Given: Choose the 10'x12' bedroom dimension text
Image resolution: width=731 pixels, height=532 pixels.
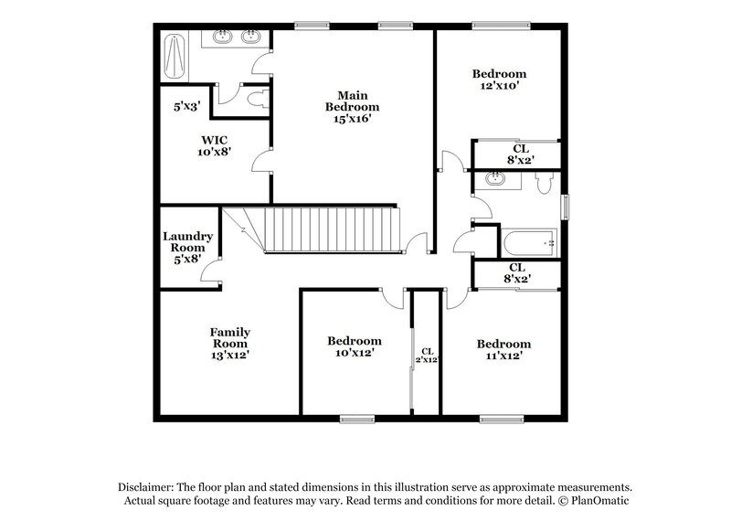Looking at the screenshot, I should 352,352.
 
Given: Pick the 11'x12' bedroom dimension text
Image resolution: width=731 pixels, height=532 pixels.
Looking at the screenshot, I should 503,356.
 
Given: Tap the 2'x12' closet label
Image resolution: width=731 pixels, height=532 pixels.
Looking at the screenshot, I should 427,356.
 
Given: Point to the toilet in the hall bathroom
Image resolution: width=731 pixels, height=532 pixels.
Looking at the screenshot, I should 545,184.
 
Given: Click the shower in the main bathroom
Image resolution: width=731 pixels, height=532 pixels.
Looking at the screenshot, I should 176,56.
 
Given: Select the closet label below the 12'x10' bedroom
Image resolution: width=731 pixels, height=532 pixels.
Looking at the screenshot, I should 519,153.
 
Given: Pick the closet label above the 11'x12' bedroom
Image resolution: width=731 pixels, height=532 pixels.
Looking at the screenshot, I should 517,272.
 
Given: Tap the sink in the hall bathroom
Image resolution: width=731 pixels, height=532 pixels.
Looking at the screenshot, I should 496,180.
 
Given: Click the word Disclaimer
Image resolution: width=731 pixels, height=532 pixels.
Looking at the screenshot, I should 146,489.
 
